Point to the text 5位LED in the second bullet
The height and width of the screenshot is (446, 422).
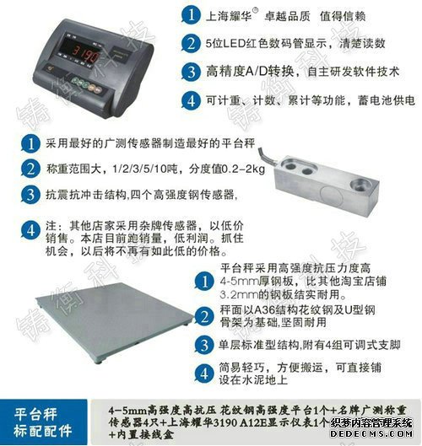(x=226, y=44)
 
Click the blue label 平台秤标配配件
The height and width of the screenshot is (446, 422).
(x=46, y=421)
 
